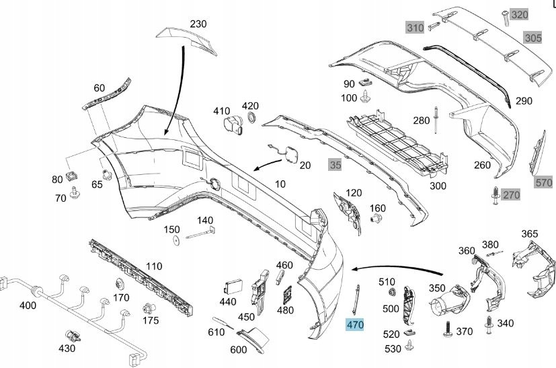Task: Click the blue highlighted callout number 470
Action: pos(354,325)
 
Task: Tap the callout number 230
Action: pos(198,24)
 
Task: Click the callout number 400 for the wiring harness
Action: pos(28,305)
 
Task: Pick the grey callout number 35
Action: pos(334,163)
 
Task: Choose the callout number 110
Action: pos(154,266)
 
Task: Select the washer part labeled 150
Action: pos(174,239)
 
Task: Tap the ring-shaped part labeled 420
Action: pos(252,119)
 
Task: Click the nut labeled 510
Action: pos(390,293)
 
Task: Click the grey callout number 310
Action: pos(415,28)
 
